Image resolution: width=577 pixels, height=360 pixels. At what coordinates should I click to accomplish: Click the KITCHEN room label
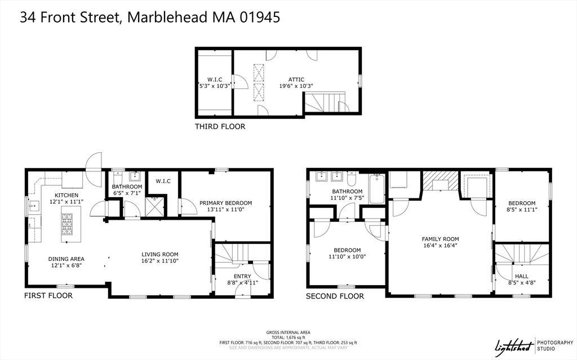[x=66, y=195]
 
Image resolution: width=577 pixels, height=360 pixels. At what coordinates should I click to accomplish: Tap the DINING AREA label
[x=66, y=259]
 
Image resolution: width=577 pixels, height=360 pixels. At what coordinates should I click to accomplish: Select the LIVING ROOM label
[x=159, y=255]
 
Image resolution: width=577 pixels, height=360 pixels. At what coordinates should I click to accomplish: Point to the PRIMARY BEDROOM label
[x=226, y=203]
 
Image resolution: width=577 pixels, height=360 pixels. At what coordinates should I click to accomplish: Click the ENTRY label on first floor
[x=243, y=276]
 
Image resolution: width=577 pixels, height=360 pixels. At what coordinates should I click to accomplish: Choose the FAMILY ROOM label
[x=441, y=238]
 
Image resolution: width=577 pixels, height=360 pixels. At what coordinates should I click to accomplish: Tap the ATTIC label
[x=296, y=79]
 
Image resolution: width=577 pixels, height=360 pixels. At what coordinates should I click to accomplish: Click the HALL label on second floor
[x=522, y=276]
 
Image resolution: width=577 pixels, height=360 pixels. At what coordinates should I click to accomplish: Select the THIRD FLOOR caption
[x=220, y=127]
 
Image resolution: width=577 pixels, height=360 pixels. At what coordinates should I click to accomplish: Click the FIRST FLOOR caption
[x=48, y=296]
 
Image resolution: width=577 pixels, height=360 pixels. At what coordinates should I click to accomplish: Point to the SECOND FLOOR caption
[x=335, y=296]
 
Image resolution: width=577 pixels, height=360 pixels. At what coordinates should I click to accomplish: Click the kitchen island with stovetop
[x=71, y=221]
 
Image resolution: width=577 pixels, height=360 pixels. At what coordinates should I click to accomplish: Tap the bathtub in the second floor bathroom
[x=377, y=189]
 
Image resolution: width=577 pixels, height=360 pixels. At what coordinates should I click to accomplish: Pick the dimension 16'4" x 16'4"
[x=441, y=246]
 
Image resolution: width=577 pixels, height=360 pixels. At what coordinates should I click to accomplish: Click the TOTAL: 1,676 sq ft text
[x=288, y=337]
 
